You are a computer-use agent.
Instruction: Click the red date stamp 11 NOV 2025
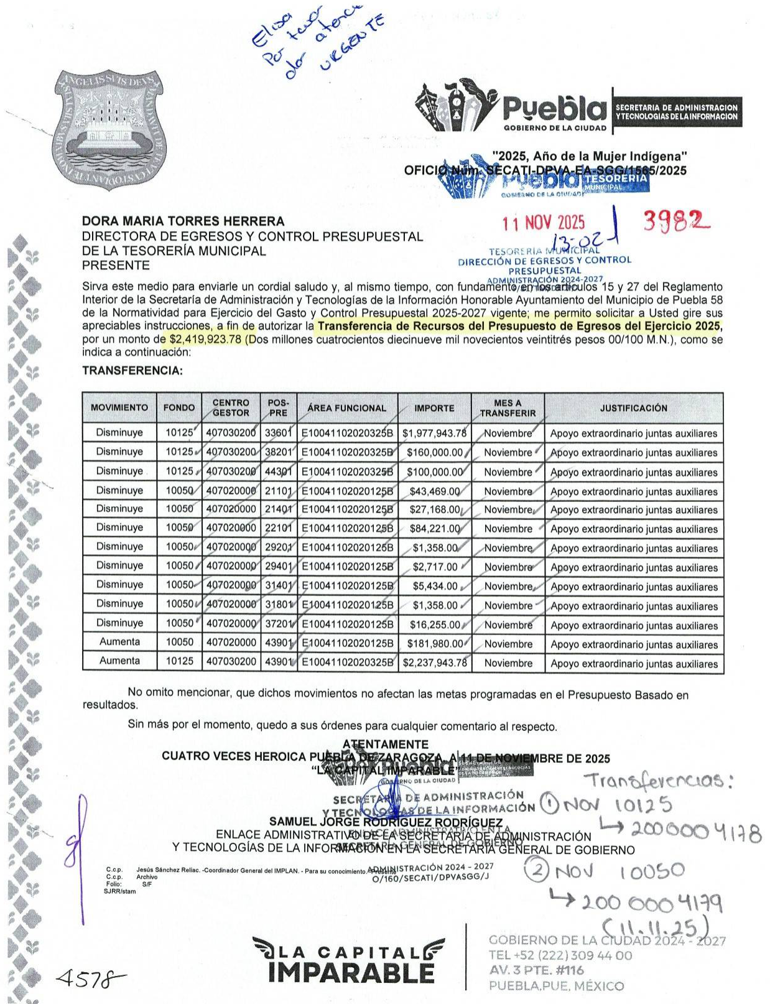[544, 222]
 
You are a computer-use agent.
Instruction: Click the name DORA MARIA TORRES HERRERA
[183, 221]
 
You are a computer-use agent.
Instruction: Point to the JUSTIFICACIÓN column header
[633, 408]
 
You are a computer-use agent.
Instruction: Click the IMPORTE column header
[434, 408]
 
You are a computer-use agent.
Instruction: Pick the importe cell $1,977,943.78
[434, 433]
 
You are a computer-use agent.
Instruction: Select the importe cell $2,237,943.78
[434, 663]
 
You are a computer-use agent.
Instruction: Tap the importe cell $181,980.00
[435, 644]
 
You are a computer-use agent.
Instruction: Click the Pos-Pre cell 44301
[278, 472]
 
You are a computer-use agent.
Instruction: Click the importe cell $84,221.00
[435, 529]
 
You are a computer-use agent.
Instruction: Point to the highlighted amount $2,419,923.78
[205, 340]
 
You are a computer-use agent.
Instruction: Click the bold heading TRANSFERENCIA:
[132, 371]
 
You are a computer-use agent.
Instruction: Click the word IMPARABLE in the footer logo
[351, 972]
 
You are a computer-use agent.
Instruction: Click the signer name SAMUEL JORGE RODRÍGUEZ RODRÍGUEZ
[386, 823]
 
